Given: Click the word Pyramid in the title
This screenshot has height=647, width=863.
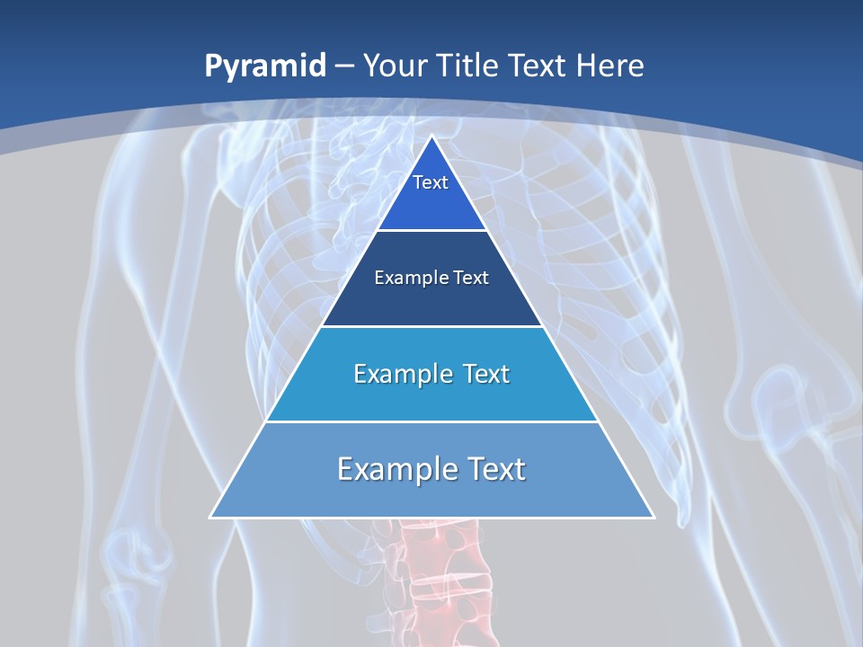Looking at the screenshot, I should (264, 66).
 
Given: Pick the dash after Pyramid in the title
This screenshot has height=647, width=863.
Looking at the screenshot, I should (344, 66).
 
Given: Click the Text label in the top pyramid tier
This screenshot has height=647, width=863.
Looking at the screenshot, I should (431, 182).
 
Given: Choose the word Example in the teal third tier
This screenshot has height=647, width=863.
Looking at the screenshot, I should (393, 374).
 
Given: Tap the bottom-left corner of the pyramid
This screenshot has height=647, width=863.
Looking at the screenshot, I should (211, 517).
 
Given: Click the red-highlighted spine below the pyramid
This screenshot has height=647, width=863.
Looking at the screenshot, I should (440, 575).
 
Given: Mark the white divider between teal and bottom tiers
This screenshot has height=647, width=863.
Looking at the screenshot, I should (431, 421).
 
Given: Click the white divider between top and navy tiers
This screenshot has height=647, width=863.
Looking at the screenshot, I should (431, 231).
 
